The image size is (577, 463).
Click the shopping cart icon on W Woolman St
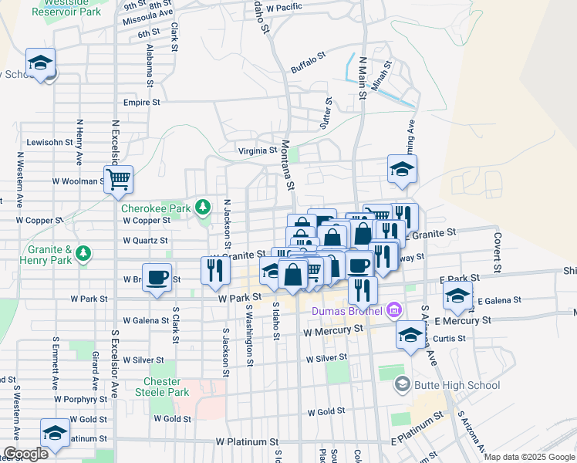click(119, 180)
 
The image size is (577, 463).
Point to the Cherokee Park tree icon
click(202, 207)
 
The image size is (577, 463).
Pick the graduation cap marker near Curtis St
click(410, 335)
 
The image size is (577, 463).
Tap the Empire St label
click(142, 102)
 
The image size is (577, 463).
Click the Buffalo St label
click(309, 63)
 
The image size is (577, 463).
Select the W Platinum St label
click(246, 442)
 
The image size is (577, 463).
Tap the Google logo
click(25, 454)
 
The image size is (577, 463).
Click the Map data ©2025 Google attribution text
click(529, 457)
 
